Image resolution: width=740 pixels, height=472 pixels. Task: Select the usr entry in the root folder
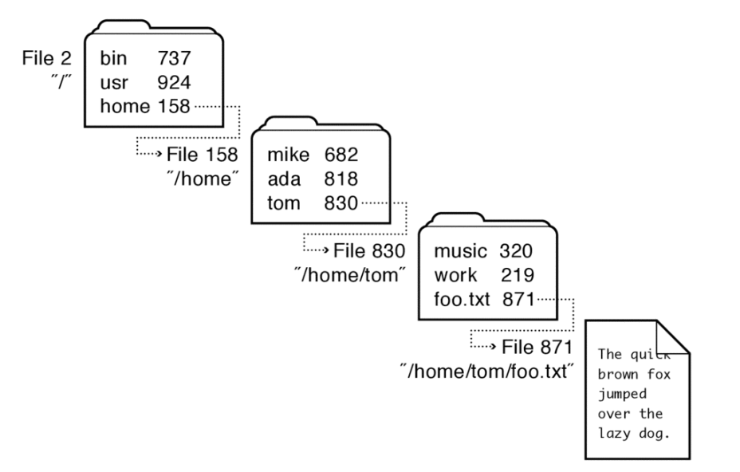(x=113, y=82)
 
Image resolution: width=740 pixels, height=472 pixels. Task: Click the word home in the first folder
(x=123, y=106)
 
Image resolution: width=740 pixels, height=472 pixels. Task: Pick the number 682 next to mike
(x=340, y=154)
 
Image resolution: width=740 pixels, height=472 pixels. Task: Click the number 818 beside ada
(x=340, y=179)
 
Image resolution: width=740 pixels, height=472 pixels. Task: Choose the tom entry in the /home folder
(x=283, y=203)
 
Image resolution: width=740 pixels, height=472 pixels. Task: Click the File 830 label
(x=369, y=250)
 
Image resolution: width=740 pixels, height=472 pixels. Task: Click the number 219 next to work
(x=517, y=276)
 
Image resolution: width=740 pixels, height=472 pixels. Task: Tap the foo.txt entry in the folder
(x=462, y=300)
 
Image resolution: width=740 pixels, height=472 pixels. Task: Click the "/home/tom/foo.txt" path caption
(x=488, y=371)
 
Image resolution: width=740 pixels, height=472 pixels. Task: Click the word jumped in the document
(x=621, y=393)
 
